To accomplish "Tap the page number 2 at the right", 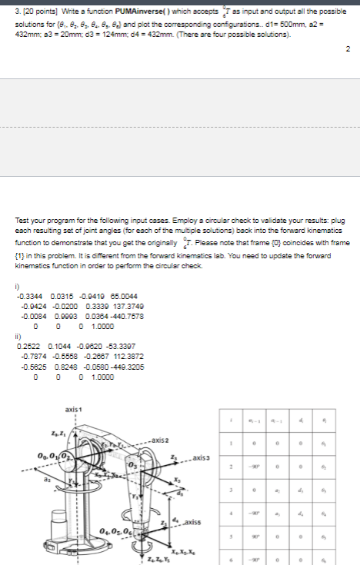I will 348,49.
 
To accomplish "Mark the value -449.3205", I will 106,364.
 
